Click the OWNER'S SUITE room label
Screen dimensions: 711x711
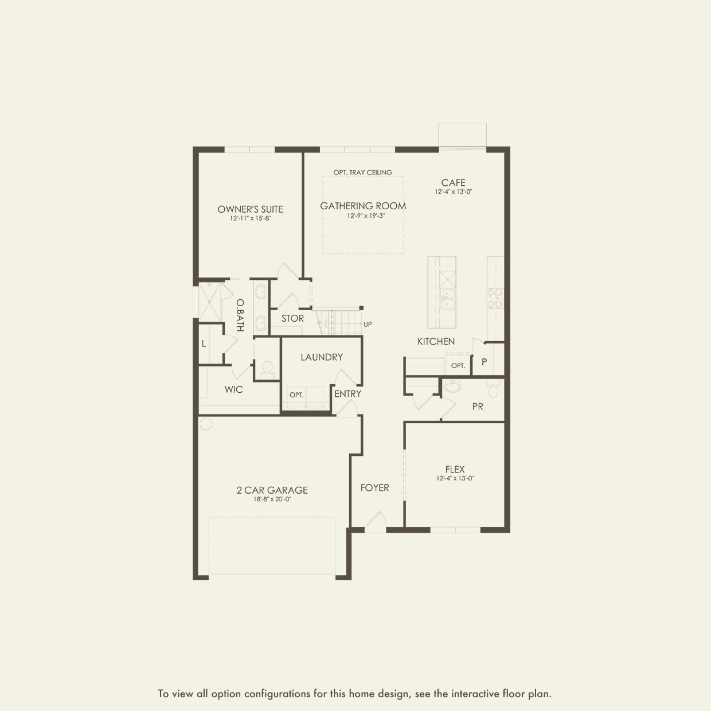pos(250,209)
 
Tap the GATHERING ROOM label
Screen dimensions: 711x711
pos(363,206)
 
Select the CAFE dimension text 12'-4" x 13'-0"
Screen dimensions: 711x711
pos(453,192)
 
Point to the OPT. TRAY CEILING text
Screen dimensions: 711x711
pos(363,172)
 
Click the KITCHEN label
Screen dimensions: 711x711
pos(436,341)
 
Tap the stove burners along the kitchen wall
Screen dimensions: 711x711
pos(495,298)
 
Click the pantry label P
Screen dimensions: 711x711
pos(484,362)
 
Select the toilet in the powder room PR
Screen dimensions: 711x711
pos(493,390)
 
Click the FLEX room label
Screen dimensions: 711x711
pos(455,469)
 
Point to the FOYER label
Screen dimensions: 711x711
pos(374,487)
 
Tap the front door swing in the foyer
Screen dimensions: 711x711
pos(375,522)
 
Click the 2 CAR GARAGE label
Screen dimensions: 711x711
pos(272,490)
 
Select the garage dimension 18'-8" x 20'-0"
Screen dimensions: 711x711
pos(272,499)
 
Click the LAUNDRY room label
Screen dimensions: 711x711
pos(322,357)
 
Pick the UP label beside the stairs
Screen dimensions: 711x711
pos(368,325)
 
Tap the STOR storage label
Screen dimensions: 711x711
pos(292,318)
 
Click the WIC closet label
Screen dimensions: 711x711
pos(233,389)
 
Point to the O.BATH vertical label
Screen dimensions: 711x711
pos(240,315)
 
